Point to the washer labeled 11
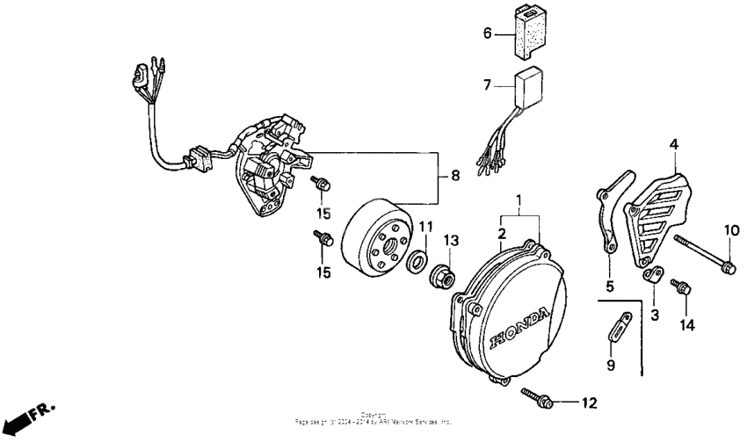click(418, 260)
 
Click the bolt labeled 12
click(537, 396)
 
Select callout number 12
click(588, 403)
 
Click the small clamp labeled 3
click(652, 276)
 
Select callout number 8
click(453, 176)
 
